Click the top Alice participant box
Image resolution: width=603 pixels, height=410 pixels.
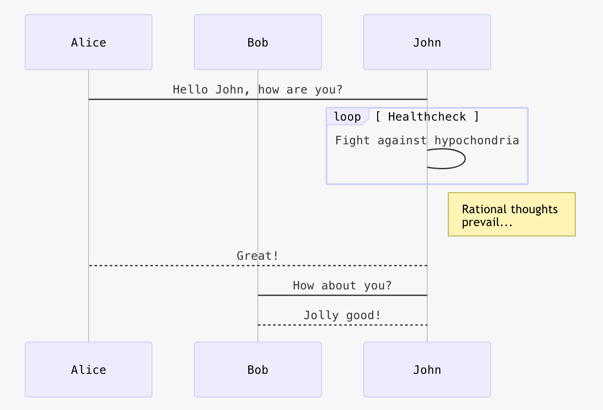point(88,42)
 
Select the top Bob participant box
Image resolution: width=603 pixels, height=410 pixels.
point(258,42)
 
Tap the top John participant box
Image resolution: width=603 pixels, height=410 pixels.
point(427,42)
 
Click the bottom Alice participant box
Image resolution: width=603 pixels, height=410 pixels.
point(88,370)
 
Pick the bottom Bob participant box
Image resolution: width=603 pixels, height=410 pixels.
point(258,370)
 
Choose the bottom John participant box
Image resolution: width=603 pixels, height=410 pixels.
point(427,370)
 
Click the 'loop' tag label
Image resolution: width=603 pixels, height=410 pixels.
point(347,117)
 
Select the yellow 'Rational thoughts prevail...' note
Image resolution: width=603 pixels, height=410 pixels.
point(511,214)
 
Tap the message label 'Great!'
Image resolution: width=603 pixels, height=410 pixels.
point(258,256)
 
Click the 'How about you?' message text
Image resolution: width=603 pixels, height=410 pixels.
point(342,286)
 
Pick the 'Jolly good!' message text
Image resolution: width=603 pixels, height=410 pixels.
point(342,315)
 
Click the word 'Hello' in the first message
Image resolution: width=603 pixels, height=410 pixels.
point(190,90)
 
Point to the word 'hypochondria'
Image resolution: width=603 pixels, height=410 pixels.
point(477,140)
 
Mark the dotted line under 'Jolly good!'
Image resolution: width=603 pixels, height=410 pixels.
point(342,325)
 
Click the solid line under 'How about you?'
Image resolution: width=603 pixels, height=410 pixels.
point(342,295)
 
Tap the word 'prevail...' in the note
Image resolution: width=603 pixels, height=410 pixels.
point(487,223)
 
